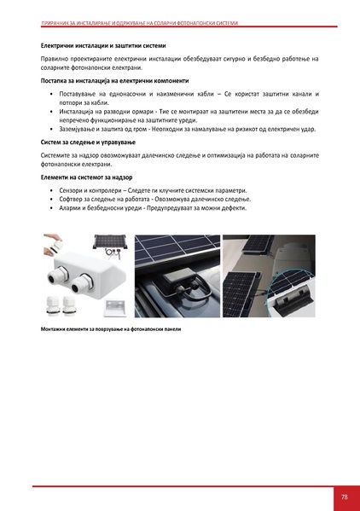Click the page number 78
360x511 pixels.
344,497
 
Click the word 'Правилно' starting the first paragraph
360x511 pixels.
55,58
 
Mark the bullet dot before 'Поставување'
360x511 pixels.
52,93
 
